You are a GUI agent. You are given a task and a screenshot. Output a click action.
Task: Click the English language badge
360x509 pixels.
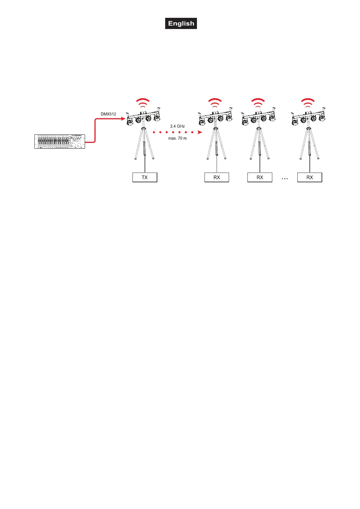(181, 24)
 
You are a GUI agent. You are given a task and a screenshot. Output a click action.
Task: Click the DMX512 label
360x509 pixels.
(108, 114)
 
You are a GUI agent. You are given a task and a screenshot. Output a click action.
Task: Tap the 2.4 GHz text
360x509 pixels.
(177, 126)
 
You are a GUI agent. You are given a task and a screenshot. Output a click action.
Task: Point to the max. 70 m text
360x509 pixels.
(177, 138)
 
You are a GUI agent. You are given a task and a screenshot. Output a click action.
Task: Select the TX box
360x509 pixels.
(145, 177)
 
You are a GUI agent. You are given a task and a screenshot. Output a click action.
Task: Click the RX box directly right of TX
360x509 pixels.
(217, 177)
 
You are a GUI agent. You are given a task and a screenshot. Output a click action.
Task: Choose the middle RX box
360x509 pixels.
(260, 177)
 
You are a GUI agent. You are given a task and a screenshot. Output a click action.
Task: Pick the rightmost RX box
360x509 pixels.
(309, 177)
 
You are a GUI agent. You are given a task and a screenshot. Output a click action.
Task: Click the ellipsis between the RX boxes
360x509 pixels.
(284, 179)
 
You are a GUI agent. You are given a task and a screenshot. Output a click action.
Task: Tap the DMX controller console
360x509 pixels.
(60, 141)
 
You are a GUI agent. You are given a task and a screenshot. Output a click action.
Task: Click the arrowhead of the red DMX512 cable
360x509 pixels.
(123, 119)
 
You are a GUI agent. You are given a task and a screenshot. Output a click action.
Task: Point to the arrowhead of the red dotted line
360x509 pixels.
(200, 132)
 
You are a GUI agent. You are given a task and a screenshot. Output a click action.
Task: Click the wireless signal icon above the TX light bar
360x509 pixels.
(142, 103)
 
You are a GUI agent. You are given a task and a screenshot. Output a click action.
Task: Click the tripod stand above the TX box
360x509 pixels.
(145, 144)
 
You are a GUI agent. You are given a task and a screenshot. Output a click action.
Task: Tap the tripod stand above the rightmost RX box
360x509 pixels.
(309, 144)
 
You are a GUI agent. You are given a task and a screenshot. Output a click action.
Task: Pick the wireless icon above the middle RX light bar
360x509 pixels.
(258, 103)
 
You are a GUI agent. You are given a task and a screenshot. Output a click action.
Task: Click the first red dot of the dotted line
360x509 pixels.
(154, 132)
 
